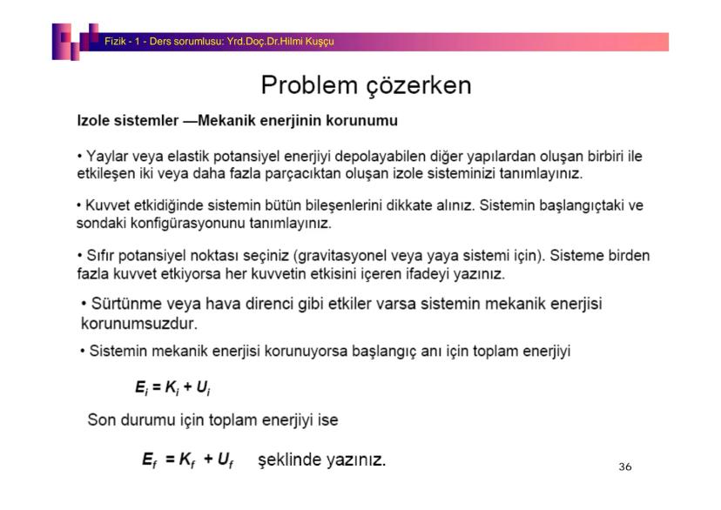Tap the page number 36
coord(624,467)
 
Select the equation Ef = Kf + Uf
coord(187,459)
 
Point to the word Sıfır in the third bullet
coord(98,256)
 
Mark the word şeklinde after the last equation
coord(290,459)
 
